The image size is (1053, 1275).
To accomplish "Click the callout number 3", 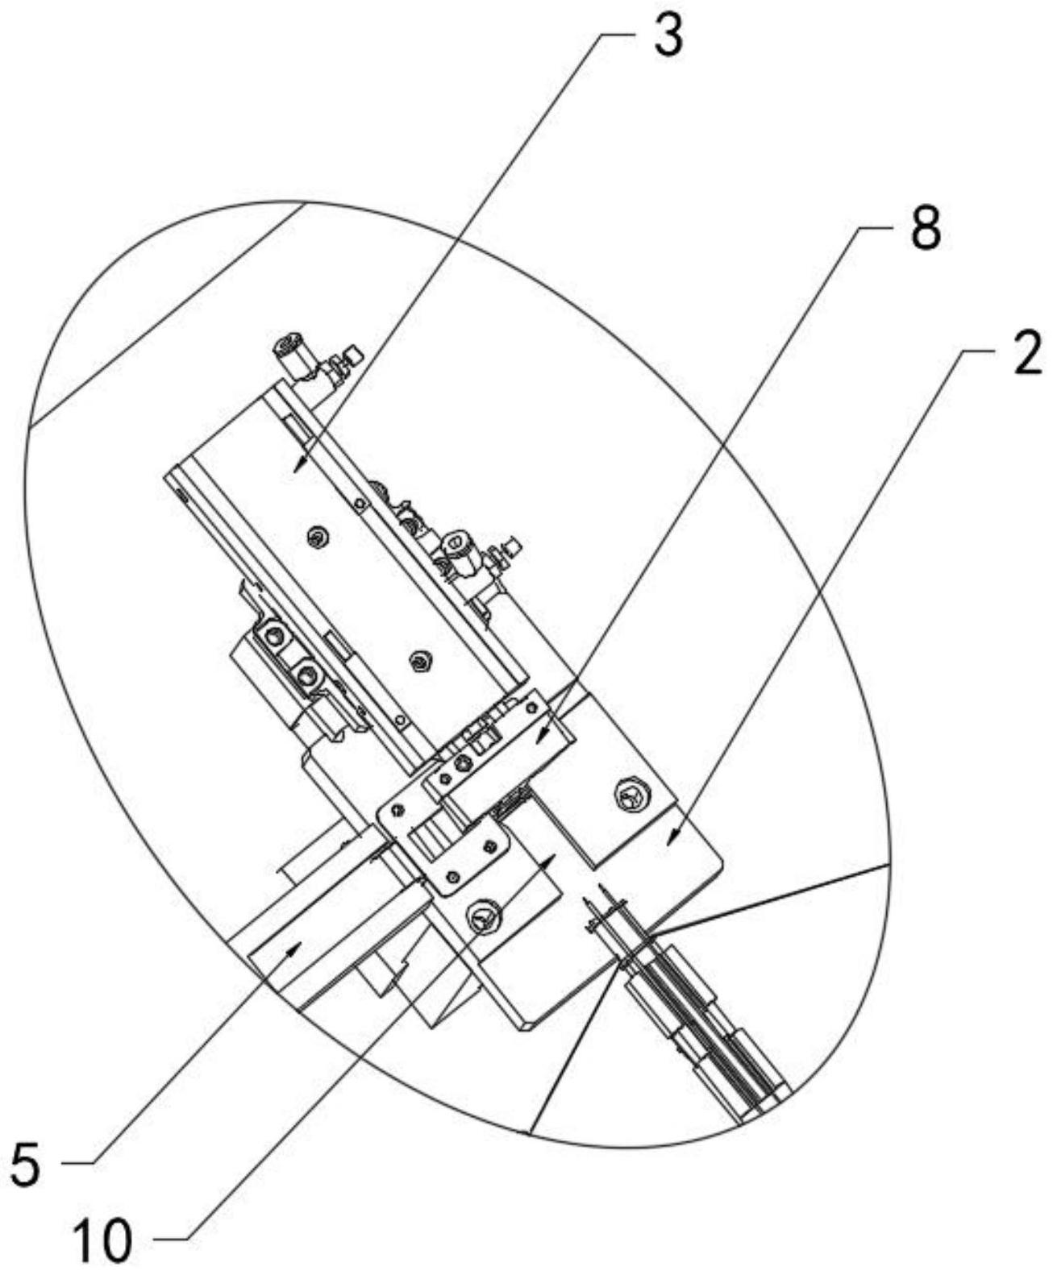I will (x=668, y=38).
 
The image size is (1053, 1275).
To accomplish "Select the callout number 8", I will (x=925, y=231).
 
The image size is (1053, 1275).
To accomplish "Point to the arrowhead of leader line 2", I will (x=668, y=843).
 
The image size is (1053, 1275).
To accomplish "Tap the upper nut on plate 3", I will (x=319, y=537).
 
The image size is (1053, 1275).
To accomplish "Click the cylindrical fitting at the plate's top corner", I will (x=289, y=352).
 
